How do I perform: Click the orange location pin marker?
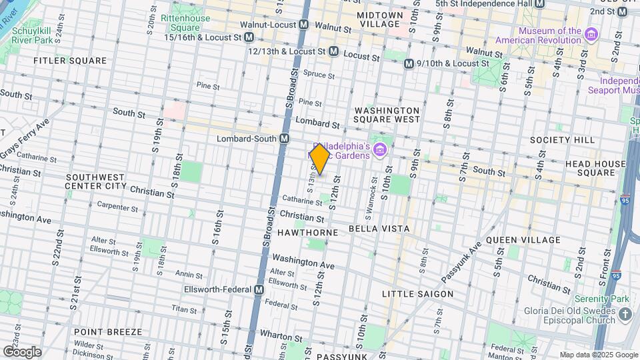click(320, 159)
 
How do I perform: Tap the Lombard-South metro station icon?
click(285, 138)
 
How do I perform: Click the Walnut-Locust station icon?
click(304, 24)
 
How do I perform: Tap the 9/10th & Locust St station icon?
click(409, 63)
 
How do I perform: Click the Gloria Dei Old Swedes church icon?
click(625, 314)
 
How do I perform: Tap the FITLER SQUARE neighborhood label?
click(70, 61)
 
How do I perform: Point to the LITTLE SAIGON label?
click(417, 293)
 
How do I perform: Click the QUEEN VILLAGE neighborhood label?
click(523, 239)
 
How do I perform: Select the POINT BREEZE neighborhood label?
click(107, 331)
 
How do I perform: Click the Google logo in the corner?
click(22, 351)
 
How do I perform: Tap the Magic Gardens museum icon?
click(380, 147)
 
